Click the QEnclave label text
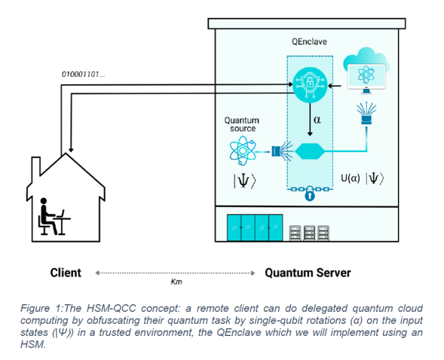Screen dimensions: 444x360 [309, 42]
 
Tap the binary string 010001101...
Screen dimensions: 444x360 [83, 75]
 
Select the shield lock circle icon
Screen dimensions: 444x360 [310, 85]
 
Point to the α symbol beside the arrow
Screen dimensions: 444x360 [317, 120]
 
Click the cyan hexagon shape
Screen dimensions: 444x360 [310, 151]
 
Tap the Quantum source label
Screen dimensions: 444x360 [241, 124]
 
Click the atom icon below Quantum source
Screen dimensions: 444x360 [243, 151]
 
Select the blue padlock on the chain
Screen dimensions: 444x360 [310, 194]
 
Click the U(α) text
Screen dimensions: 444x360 [351, 178]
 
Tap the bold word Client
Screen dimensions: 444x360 [66, 273]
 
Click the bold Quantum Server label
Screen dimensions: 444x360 [308, 273]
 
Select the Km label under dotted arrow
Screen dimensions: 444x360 [176, 282]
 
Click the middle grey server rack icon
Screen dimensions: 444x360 [309, 233]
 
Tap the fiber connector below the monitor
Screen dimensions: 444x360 [366, 114]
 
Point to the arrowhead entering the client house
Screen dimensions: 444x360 [71, 150]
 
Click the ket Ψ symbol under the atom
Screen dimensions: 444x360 [245, 181]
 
